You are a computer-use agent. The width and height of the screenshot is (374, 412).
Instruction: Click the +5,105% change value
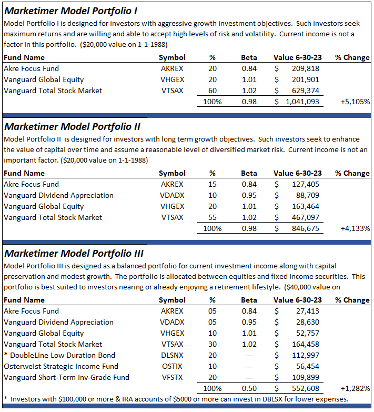pyautogui.click(x=355, y=102)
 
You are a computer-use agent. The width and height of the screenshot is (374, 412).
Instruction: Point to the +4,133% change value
pyautogui.click(x=355, y=228)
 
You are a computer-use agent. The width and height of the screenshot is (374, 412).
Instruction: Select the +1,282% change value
pyautogui.click(x=355, y=388)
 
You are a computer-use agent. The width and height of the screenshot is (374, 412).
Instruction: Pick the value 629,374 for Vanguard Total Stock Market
pyautogui.click(x=305, y=91)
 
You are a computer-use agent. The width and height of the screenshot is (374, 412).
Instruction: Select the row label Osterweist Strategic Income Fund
pyautogui.click(x=61, y=366)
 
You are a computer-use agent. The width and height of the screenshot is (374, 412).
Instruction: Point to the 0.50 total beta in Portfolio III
pyautogui.click(x=249, y=388)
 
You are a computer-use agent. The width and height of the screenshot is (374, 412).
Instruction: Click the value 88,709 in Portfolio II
pyautogui.click(x=307, y=195)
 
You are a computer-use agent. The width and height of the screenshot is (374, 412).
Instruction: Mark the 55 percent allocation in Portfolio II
pyautogui.click(x=213, y=217)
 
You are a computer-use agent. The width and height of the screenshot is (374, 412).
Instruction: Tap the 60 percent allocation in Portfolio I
pyautogui.click(x=213, y=91)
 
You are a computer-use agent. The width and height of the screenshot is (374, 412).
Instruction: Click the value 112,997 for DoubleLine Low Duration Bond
pyautogui.click(x=305, y=355)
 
